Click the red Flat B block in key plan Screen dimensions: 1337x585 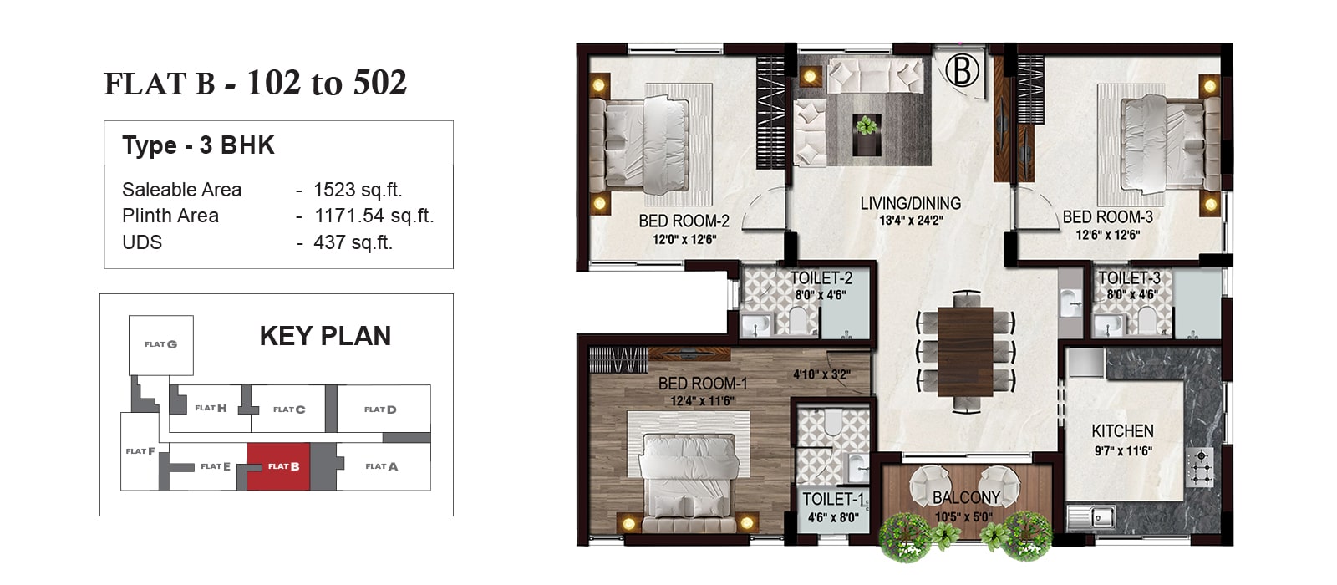tap(279, 466)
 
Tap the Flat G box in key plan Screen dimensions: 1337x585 tap(161, 345)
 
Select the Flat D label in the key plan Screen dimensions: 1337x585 tap(380, 409)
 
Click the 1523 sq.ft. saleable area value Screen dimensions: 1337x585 tap(358, 190)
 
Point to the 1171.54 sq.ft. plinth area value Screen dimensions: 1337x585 tap(374, 216)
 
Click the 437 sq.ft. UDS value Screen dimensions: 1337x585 tap(353, 242)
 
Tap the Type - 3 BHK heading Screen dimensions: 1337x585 tap(198, 145)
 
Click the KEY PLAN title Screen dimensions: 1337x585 tap(325, 336)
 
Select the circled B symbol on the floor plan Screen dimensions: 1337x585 tap(962, 70)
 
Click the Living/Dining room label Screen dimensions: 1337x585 tap(910, 204)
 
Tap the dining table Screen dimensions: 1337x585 tap(965, 352)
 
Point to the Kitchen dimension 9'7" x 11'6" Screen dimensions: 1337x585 tap(1123, 451)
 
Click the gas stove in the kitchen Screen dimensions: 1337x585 tap(1200, 467)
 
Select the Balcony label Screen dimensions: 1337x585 tap(966, 497)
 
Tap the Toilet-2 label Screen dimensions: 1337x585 tap(821, 278)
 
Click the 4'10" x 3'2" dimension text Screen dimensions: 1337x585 tap(821, 375)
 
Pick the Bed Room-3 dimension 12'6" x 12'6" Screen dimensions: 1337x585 tap(1108, 235)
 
